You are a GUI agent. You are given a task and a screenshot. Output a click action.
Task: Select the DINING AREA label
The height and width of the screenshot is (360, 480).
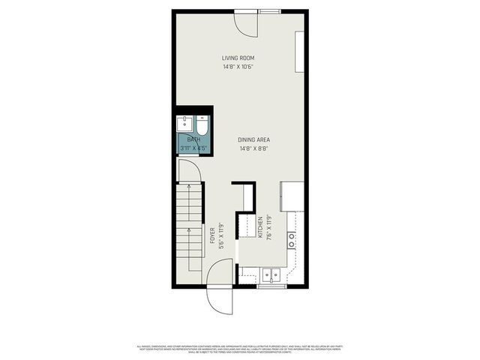click(253, 139)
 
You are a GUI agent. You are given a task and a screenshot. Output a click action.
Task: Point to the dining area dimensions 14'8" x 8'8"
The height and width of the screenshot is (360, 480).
click(253, 148)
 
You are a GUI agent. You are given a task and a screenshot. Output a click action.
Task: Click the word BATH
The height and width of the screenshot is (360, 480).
click(193, 139)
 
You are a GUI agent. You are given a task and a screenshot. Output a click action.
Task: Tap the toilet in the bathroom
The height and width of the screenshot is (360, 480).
click(202, 123)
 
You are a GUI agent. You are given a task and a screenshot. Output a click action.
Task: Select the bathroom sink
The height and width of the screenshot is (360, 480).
click(184, 123)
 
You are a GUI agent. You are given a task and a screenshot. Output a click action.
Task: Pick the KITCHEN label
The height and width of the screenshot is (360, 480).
click(260, 227)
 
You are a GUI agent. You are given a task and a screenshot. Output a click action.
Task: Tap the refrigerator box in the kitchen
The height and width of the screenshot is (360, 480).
click(292, 196)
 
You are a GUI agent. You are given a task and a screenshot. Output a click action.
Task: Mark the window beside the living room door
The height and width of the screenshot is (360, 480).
click(271, 11)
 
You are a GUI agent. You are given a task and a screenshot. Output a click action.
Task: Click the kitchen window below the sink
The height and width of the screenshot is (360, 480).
click(270, 286)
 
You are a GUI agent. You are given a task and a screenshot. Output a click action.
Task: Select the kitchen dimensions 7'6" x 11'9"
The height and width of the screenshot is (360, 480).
click(268, 227)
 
